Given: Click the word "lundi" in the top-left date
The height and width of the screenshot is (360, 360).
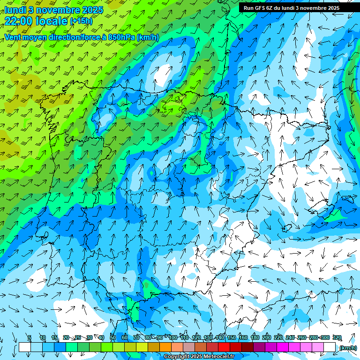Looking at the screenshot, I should coord(15,10).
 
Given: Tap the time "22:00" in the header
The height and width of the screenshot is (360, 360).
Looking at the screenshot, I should coord(18,21).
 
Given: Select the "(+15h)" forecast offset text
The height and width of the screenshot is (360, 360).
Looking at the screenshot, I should coord(81,21).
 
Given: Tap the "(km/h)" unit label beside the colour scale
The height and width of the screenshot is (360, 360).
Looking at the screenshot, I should coord(348,348).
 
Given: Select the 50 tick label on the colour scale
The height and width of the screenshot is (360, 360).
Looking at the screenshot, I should coord(112,338).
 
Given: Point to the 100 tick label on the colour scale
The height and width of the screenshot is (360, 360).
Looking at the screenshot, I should coord(172,338).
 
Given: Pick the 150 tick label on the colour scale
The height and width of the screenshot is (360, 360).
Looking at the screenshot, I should coord(231,338).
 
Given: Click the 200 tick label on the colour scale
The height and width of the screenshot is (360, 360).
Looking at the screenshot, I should coord(266,338).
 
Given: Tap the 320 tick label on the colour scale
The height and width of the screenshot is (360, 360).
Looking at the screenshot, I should coord(337,338).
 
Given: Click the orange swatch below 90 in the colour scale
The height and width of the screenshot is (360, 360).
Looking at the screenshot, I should coord(165,347).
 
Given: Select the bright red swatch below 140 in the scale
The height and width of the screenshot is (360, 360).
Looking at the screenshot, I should coord(224,347).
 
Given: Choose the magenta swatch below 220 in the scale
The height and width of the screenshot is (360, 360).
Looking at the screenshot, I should coord(283,347).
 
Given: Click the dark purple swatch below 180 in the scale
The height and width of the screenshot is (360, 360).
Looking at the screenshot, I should coord(259,347).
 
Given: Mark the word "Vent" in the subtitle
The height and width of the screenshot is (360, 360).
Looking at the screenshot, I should coord(13,37).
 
